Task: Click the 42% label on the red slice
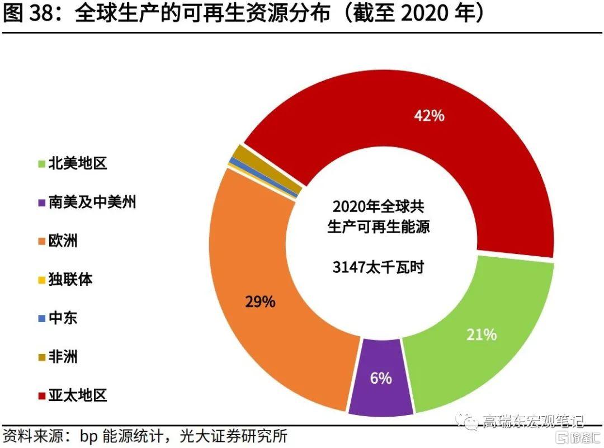click(429, 116)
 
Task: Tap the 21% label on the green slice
click(482, 334)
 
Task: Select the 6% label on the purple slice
click(381, 378)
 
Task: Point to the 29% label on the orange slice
click(260, 301)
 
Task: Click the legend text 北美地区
click(78, 163)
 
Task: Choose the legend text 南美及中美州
click(92, 202)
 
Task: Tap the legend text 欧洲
click(63, 241)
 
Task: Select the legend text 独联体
click(70, 280)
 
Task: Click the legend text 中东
click(63, 318)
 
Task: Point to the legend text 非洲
click(63, 357)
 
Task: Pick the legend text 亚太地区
click(78, 396)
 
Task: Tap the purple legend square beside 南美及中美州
click(41, 203)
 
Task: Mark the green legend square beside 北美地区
click(41, 164)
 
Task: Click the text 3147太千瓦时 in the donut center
click(379, 267)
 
